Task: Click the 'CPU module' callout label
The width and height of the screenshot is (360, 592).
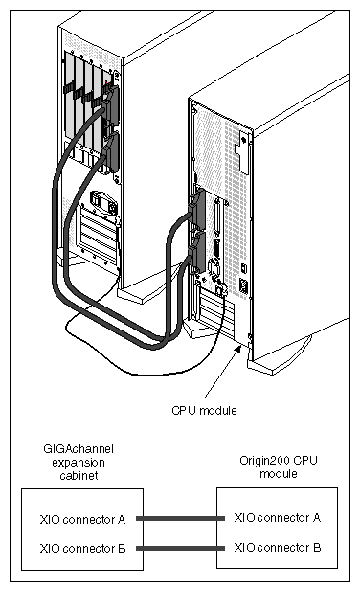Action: point(204,410)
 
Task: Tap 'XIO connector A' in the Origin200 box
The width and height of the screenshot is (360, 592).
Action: point(277,518)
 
